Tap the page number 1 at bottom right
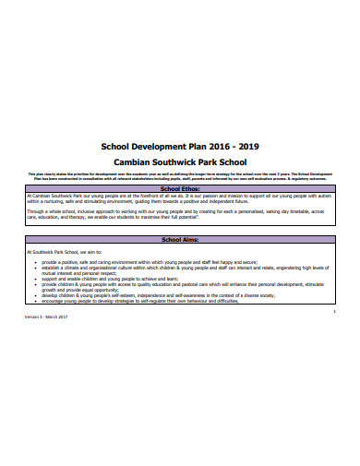coord(333,310)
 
